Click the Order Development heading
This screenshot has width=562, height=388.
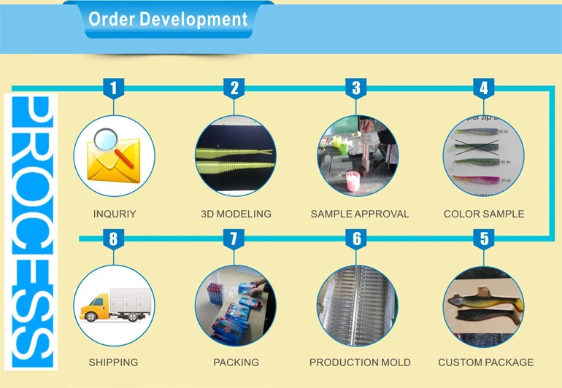(168, 19)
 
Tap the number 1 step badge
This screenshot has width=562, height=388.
(113, 89)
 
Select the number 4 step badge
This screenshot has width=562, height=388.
(483, 89)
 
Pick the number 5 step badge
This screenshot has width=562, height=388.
(483, 238)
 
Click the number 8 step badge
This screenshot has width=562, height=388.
(113, 238)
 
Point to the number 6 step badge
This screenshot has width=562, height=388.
(356, 238)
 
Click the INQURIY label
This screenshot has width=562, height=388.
(115, 214)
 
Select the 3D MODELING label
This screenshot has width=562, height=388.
(236, 214)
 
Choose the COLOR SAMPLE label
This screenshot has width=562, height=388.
(484, 214)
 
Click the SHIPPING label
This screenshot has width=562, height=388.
(113, 362)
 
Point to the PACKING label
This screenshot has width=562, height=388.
(236, 362)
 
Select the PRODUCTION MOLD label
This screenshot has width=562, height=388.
(360, 362)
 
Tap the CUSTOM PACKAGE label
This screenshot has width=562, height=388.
(485, 362)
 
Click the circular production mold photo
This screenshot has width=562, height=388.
(357, 305)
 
